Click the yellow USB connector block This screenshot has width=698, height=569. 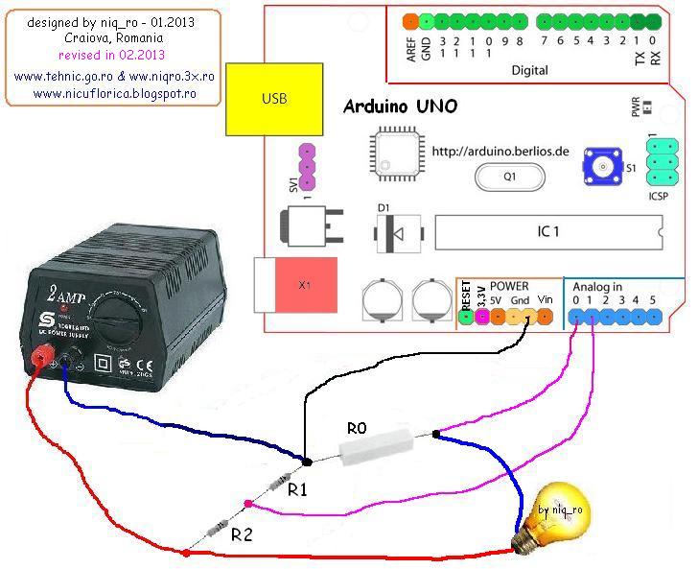[x=274, y=99]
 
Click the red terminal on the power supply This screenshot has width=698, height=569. [x=41, y=359]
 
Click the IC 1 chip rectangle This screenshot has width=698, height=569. [x=547, y=232]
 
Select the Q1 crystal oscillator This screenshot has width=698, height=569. [x=509, y=177]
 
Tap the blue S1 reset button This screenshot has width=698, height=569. [x=604, y=169]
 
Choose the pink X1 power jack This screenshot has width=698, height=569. [x=304, y=286]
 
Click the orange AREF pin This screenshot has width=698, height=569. [x=410, y=20]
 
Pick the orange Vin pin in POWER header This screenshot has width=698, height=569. [x=545, y=319]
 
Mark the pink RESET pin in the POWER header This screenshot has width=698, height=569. [x=467, y=319]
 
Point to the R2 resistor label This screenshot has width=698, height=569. [x=242, y=535]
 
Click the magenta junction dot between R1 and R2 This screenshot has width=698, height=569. [x=248, y=503]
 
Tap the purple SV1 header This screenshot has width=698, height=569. [x=307, y=167]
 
